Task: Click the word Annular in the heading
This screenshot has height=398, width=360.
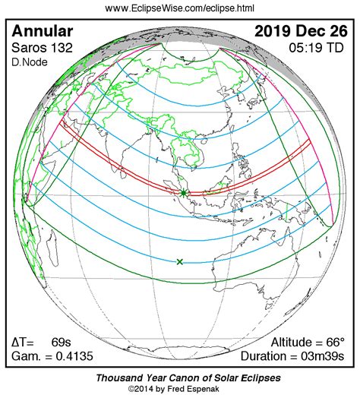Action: [x=43, y=32]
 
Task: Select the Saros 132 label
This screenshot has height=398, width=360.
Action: [x=39, y=49]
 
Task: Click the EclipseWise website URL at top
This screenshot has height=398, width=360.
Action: [x=179, y=8]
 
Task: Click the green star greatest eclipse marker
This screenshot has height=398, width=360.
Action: [x=183, y=193]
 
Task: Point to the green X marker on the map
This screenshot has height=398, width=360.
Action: [x=180, y=262]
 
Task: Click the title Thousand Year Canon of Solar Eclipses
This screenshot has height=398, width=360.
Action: [x=179, y=377]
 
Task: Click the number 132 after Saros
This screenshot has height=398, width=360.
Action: [x=58, y=49]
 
